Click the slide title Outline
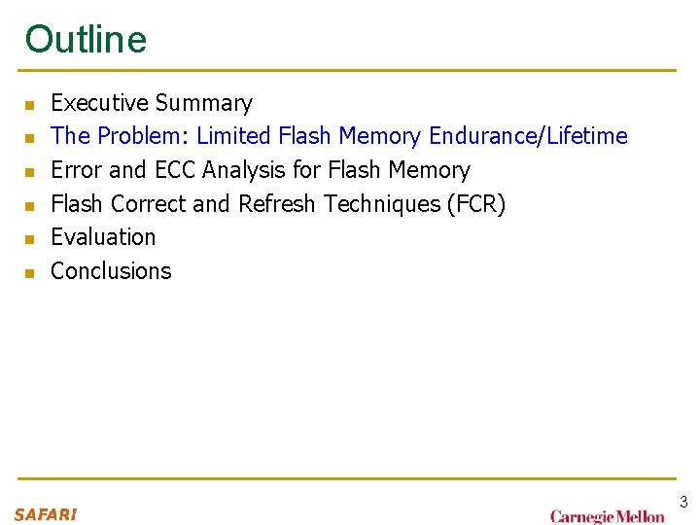click(x=86, y=39)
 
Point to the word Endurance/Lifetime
click(x=528, y=136)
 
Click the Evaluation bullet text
click(x=103, y=237)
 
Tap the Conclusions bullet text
click(x=111, y=271)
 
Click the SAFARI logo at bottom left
click(x=46, y=514)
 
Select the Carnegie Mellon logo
click(x=607, y=516)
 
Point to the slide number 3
click(x=683, y=503)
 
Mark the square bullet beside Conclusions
click(x=29, y=273)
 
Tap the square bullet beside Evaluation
click(x=29, y=239)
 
